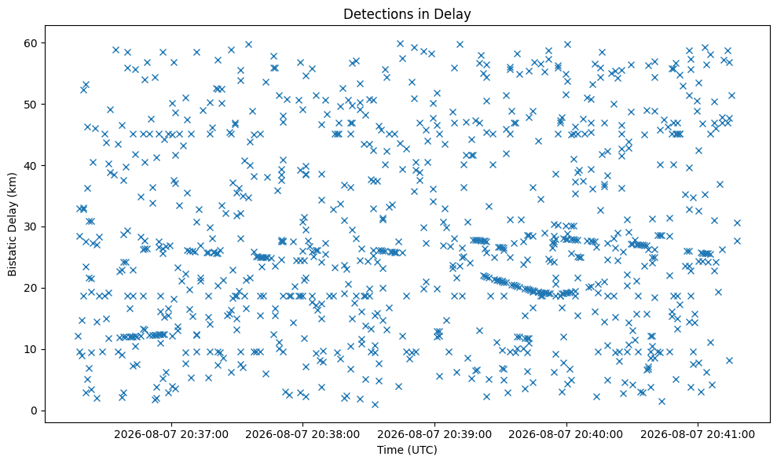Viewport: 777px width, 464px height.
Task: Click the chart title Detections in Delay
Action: click(407, 14)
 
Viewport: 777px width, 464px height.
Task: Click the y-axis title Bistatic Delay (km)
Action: click(12, 224)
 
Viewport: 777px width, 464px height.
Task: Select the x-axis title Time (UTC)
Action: click(407, 450)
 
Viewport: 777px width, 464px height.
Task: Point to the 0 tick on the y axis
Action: click(35, 411)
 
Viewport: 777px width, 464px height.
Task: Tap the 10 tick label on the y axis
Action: click(31, 349)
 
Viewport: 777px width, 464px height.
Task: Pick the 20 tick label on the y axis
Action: click(31, 289)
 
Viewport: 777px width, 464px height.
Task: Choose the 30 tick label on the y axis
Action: click(31, 226)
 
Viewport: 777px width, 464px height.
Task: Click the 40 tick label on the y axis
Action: click(31, 166)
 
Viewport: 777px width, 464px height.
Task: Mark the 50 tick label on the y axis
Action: click(31, 105)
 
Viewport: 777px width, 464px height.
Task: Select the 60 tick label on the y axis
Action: click(31, 43)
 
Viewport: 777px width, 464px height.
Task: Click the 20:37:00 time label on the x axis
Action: click(171, 435)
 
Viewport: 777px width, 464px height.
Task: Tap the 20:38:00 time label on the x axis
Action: click(302, 435)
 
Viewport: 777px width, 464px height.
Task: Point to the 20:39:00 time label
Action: click(434, 435)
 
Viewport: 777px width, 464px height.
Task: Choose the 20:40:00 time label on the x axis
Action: click(566, 435)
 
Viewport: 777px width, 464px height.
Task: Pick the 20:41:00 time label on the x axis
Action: click(698, 435)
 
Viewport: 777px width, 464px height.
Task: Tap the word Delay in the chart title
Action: click(455, 14)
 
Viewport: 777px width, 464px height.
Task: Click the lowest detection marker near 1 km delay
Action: click(375, 404)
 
